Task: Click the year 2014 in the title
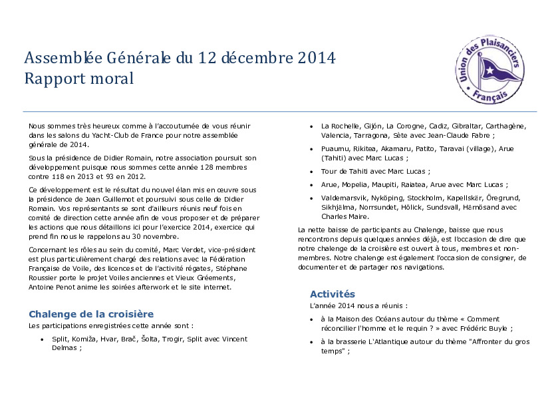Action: (x=316, y=58)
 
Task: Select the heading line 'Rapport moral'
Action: (x=79, y=79)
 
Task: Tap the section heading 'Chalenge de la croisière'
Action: (x=91, y=314)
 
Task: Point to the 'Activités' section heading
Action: (x=333, y=294)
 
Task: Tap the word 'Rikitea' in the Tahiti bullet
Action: (x=363, y=148)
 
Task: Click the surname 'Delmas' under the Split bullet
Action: (x=65, y=347)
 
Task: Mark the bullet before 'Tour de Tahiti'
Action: (x=312, y=171)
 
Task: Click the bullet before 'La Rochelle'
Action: (x=312, y=126)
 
